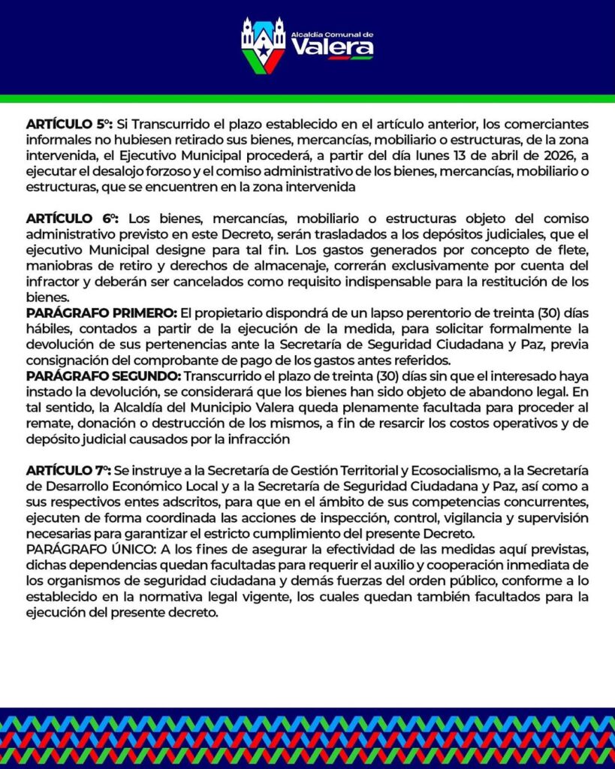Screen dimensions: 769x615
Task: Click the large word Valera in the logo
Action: pos(332,48)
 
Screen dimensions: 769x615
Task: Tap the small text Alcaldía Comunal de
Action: pos(332,34)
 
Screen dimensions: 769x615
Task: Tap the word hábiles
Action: pos(46,330)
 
